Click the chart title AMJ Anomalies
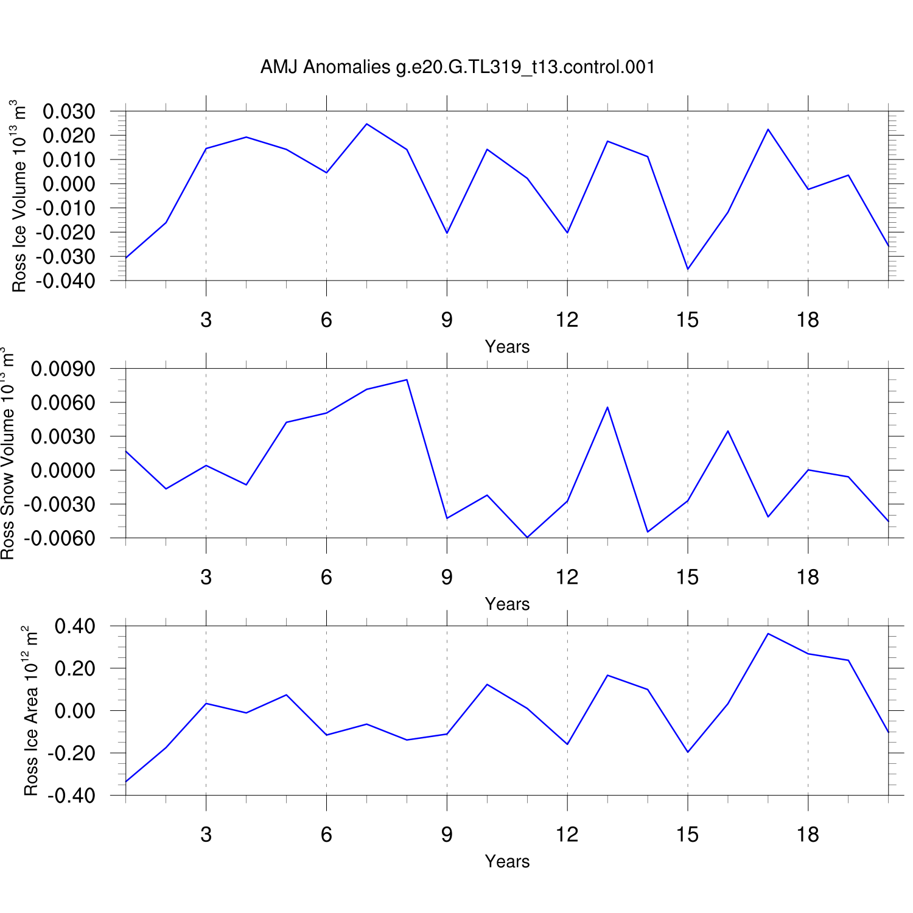457,66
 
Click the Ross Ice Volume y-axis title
19,196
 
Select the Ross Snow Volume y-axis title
7,453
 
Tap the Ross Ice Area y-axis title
30,710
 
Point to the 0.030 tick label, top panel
69,111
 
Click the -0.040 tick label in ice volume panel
66,281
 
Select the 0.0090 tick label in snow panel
63,369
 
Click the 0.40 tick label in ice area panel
75,626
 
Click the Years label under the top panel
507,347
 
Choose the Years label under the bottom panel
507,861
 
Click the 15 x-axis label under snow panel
687,577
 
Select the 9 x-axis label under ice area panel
447,834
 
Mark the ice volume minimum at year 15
688,269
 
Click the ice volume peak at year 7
366,124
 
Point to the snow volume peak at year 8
407,380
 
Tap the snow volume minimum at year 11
527,537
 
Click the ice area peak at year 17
768,634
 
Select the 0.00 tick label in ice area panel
75,711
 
